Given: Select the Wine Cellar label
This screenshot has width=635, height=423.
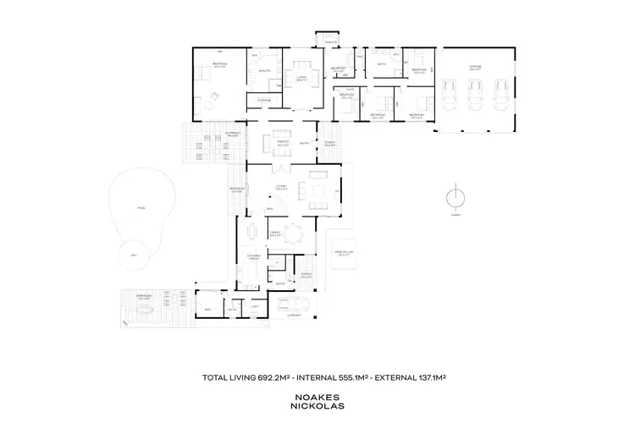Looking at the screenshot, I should (x=344, y=251).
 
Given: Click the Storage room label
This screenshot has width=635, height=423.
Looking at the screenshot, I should (x=262, y=100).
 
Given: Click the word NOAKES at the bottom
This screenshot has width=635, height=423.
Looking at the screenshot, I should (x=317, y=395).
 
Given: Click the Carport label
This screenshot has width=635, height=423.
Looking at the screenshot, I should (x=295, y=316).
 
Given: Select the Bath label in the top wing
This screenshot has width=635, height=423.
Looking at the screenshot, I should (x=381, y=63).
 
